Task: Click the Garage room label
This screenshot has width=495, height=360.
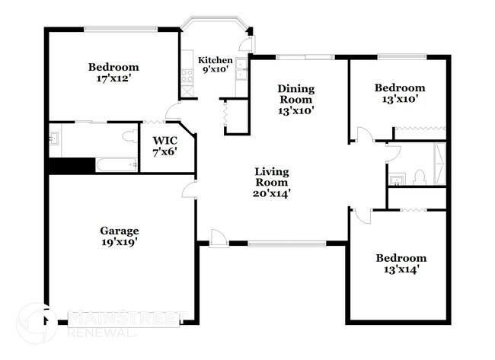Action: pos(119,230)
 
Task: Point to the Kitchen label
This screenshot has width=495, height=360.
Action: pos(216,60)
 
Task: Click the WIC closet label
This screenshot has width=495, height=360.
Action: pos(164,140)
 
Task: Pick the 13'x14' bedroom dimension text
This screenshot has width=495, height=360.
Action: pos(401,269)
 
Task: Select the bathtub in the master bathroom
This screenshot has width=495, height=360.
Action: pos(114,165)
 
